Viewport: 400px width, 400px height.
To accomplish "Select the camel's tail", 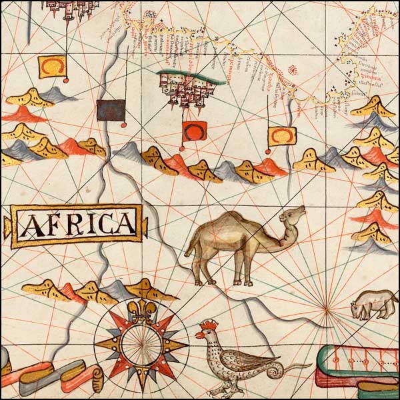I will (x=189, y=250).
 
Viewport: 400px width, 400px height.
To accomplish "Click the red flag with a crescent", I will (x=195, y=131).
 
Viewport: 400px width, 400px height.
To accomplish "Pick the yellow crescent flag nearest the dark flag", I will (x=51, y=67).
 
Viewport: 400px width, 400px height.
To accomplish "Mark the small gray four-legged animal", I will (x=373, y=304).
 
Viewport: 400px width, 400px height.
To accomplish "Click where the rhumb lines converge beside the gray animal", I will (x=326, y=308).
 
